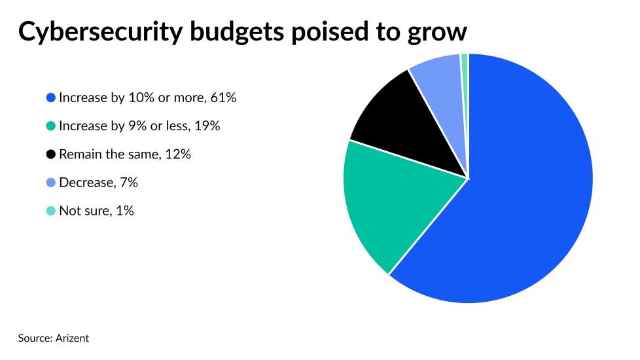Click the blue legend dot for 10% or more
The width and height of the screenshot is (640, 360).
click(50, 98)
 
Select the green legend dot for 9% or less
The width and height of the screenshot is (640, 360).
click(50, 126)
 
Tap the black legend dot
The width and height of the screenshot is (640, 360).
click(50, 154)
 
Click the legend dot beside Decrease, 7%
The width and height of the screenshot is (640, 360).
click(50, 183)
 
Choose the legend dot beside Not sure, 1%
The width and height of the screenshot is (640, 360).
click(50, 211)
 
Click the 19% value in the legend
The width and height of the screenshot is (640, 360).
click(207, 126)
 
